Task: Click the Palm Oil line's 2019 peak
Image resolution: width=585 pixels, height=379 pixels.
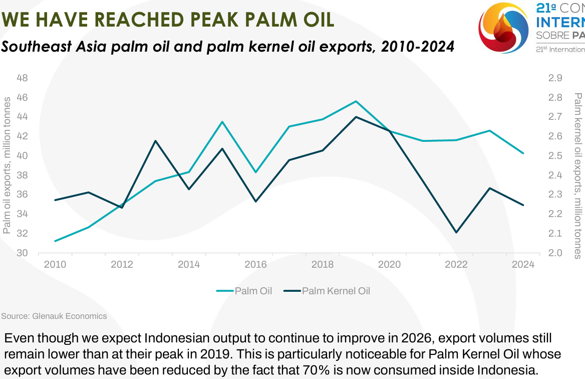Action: coord(356,101)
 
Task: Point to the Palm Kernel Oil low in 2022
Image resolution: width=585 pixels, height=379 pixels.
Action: coord(456,232)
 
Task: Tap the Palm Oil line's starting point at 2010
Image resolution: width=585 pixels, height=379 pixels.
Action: coord(55,241)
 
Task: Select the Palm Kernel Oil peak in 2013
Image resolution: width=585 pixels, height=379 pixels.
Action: coord(155,141)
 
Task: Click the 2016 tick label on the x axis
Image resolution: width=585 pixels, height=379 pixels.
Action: coord(256,265)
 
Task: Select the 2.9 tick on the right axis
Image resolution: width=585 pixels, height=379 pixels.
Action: coord(555,78)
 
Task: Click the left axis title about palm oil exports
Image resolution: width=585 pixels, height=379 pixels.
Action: coord(7,165)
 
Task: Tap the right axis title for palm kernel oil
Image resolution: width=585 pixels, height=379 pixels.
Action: coord(578,175)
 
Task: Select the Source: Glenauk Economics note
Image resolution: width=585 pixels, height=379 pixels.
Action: coord(54,316)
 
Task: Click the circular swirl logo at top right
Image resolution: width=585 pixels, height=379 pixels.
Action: coord(503,28)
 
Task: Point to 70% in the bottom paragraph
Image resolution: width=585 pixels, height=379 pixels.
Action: coord(316,371)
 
